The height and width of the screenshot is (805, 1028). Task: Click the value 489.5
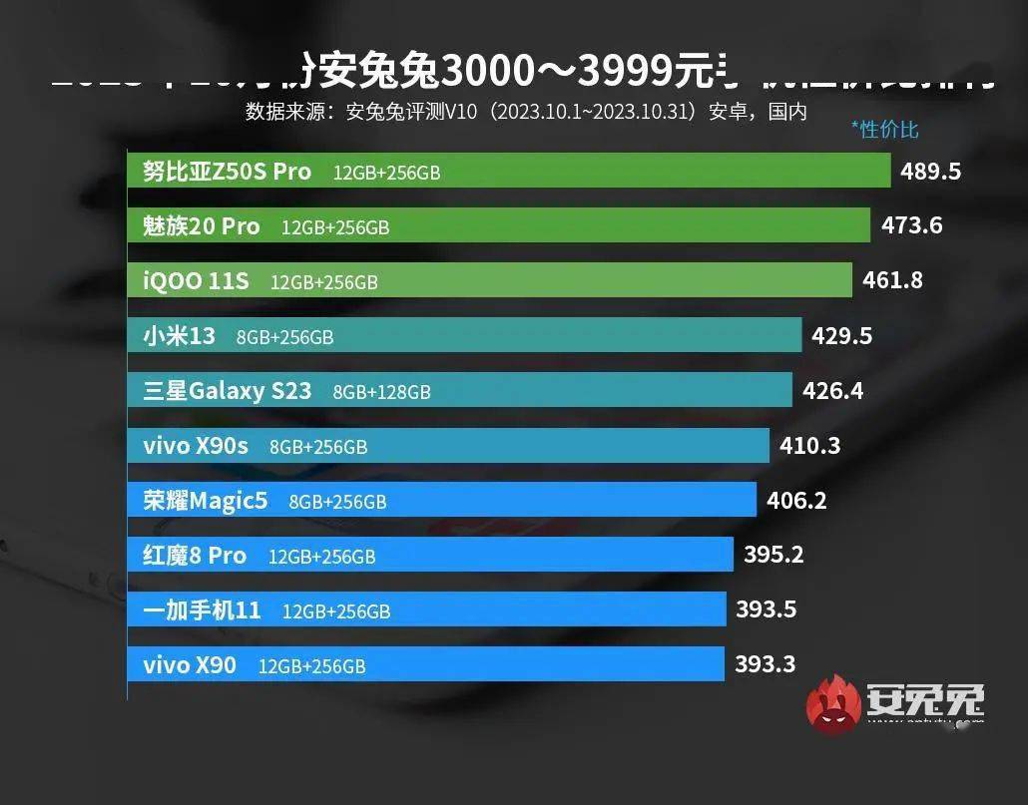[930, 171]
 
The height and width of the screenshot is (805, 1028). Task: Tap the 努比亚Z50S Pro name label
[227, 171]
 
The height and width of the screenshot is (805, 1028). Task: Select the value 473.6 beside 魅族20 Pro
[911, 225]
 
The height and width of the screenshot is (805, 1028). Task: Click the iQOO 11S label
[196, 280]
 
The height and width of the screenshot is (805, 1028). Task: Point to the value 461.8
[892, 280]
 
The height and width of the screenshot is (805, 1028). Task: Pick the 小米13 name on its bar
[179, 335]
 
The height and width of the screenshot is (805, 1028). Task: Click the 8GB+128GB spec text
[382, 391]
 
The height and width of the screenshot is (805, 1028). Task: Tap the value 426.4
[833, 390]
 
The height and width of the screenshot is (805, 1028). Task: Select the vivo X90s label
[196, 446]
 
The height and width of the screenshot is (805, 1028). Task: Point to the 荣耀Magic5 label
[206, 501]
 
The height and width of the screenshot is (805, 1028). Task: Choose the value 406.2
[796, 500]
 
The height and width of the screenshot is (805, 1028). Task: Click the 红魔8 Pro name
[195, 556]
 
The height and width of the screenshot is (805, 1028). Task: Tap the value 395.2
[773, 555]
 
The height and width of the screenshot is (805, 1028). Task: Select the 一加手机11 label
[202, 609]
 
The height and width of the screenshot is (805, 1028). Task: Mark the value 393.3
[766, 663]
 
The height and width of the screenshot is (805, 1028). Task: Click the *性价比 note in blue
[884, 129]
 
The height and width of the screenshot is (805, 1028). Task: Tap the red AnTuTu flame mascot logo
[833, 703]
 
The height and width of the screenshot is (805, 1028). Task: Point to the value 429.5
[842, 335]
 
